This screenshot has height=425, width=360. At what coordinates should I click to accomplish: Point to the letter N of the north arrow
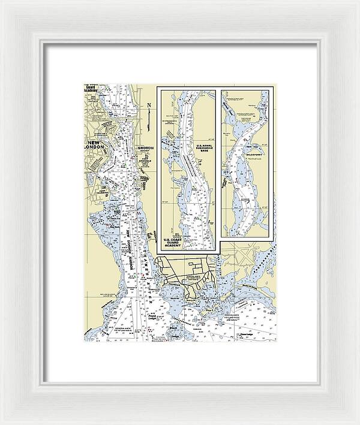click(x=148, y=106)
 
